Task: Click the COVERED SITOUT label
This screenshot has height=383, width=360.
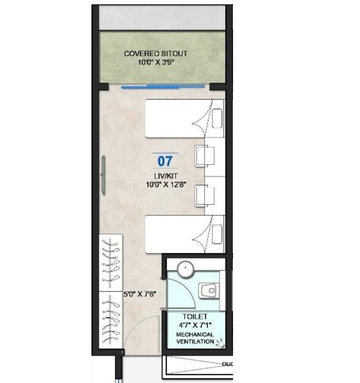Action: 155,54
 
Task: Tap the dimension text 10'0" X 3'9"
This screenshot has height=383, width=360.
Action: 155,62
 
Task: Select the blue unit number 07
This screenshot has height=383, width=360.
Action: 165,161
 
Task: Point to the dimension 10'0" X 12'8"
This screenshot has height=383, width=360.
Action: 165,185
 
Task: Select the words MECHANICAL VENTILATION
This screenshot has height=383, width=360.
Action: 195,338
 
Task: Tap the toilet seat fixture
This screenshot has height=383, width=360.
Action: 208,290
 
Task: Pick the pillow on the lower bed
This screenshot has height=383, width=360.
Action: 217,234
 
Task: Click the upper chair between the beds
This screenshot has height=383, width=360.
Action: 204,156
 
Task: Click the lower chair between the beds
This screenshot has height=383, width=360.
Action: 204,195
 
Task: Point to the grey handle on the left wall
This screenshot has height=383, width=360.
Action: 103,174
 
